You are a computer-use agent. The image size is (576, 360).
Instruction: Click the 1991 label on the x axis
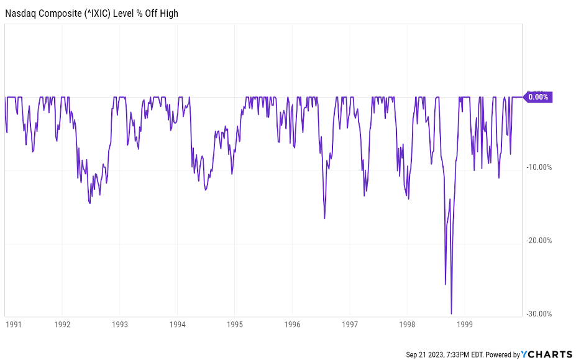[x=13, y=324]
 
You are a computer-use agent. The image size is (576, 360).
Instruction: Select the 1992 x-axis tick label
[x=62, y=324]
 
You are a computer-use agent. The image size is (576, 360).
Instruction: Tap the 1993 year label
[x=120, y=324]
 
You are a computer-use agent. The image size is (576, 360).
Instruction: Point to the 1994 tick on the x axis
[x=177, y=324]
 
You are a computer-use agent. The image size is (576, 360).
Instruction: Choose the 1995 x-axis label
[x=235, y=324]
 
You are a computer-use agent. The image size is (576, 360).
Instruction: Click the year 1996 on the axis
[x=293, y=324]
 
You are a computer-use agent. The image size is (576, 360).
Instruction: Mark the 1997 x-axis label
[x=350, y=324]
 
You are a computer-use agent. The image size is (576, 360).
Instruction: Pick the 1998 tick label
[x=408, y=324]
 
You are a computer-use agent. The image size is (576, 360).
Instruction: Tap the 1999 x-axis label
[x=465, y=324]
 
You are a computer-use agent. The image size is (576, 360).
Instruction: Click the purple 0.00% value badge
[x=537, y=97]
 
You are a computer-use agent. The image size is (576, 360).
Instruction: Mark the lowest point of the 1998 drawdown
[x=451, y=313]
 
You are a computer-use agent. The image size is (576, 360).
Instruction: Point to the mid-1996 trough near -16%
[x=324, y=218]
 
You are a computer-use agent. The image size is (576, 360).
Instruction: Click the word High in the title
[x=168, y=12]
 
